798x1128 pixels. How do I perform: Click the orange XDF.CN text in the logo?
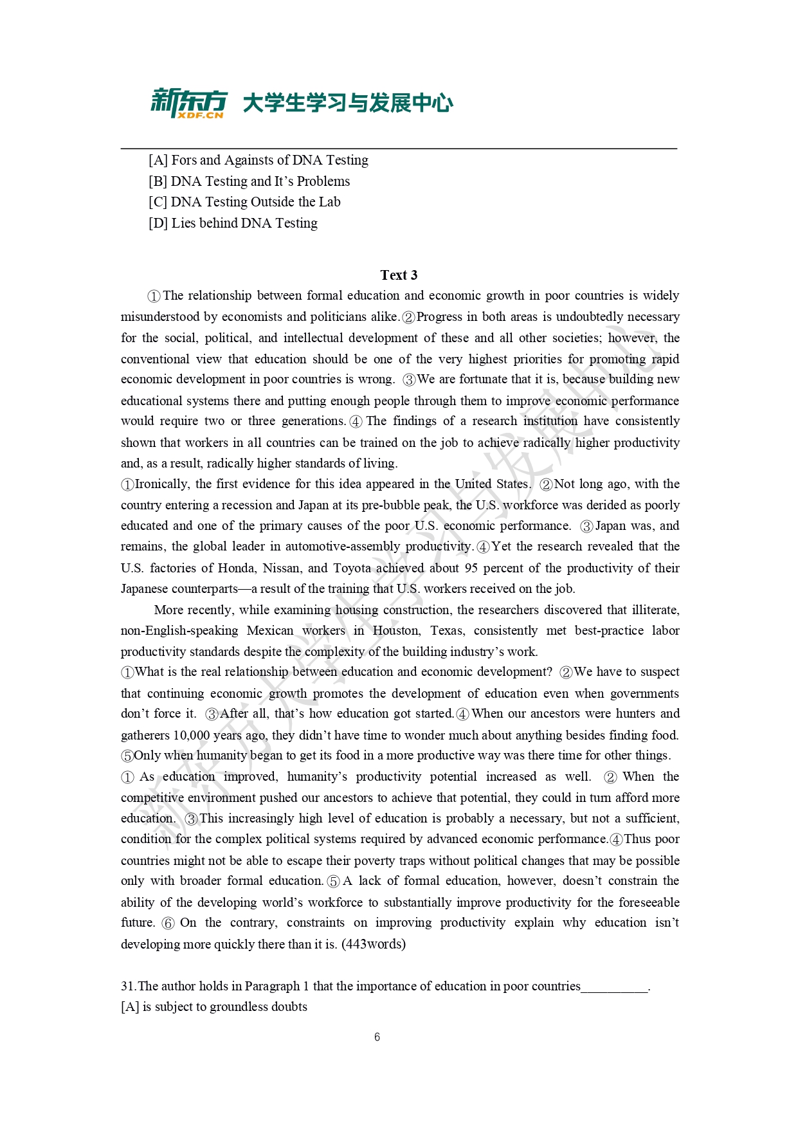point(200,115)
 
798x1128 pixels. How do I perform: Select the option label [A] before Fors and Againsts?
point(158,160)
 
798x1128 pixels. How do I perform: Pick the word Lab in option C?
point(330,202)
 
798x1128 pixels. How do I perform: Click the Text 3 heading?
point(399,275)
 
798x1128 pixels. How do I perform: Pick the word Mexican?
point(269,631)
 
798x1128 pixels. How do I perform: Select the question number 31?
point(128,987)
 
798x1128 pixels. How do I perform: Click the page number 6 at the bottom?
point(377,1037)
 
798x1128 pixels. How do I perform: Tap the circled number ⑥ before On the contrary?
point(168,923)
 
